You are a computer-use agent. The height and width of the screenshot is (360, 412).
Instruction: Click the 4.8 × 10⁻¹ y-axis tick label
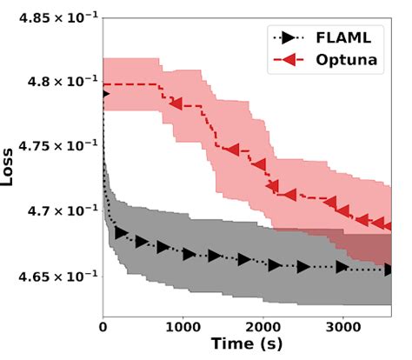pos(53,83)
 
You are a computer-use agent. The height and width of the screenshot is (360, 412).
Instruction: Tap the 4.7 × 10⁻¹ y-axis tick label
pos(53,211)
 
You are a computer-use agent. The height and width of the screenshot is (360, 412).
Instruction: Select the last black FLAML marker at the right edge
pos(390,270)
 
